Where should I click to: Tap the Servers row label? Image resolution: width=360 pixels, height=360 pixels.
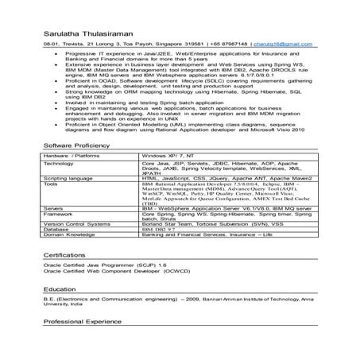tap(55, 207)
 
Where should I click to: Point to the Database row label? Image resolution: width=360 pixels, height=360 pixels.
tap(57, 230)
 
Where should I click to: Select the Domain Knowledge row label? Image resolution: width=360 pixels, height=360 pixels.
tap(68, 235)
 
